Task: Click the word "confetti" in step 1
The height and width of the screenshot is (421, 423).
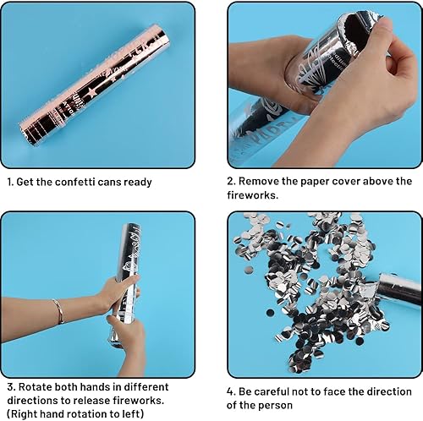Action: pos(74,182)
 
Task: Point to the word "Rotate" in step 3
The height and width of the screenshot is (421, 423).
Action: pos(35,387)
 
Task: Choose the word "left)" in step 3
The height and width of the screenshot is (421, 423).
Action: pos(132,414)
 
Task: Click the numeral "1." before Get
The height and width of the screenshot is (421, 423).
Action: pos(10,182)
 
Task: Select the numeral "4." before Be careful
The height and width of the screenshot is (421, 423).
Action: pos(231,391)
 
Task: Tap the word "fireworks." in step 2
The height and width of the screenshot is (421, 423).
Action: pos(253,195)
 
